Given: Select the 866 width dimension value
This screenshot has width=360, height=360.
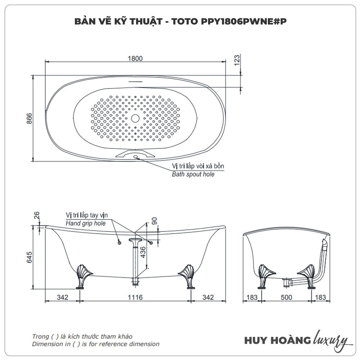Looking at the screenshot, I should [30, 119].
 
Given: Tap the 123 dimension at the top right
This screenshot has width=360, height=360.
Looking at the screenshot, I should [237, 60].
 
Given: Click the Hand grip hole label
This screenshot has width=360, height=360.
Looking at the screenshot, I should [85, 223].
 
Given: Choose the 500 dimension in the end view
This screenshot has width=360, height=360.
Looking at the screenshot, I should [287, 297].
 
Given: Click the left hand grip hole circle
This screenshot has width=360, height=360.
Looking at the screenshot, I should [119, 243].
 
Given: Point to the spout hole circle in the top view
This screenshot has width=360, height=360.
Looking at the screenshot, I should [136, 157].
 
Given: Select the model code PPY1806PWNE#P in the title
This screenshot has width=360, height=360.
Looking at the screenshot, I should [229, 21].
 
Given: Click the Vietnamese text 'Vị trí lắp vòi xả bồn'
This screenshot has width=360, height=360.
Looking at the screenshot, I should [198, 166].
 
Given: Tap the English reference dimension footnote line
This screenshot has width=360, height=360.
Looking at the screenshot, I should [95, 344].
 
